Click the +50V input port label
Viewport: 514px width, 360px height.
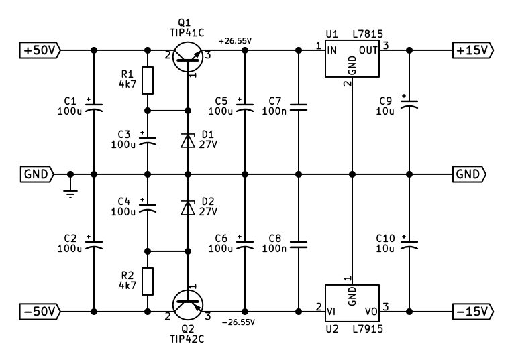click(40, 50)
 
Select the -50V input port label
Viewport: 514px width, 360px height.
click(40, 312)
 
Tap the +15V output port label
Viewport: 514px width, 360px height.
click(472, 50)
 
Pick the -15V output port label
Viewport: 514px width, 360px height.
click(472, 312)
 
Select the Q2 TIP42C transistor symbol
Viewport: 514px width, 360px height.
click(188, 305)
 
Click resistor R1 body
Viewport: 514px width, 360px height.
click(148, 80)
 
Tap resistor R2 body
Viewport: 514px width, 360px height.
click(148, 282)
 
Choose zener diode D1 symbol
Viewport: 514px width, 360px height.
click(188, 141)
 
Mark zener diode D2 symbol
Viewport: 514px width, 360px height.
click(188, 207)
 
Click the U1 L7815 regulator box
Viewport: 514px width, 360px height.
click(352, 58)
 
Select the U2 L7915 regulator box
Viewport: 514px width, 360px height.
click(352, 303)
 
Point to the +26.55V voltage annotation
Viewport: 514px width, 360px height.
click(235, 41)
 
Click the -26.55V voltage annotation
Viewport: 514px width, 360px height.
click(238, 322)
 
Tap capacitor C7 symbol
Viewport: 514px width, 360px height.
click(299, 107)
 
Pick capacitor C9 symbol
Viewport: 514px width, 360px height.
click(409, 103)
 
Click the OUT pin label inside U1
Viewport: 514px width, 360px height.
click(368, 50)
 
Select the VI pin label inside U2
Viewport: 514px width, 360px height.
click(331, 312)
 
